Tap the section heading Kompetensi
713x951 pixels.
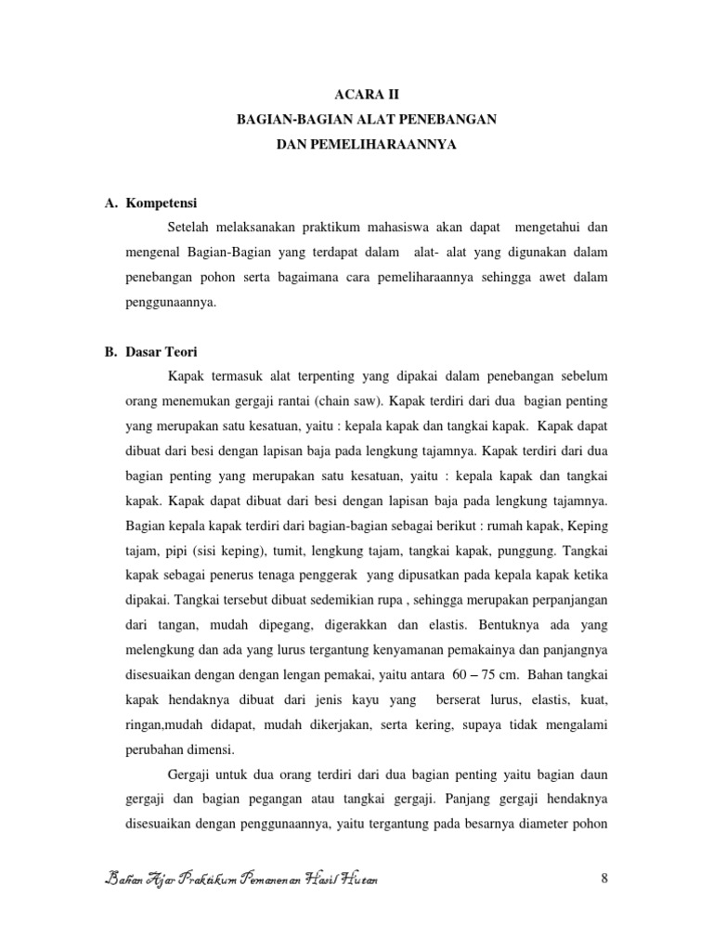(167, 202)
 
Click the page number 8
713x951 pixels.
(604, 879)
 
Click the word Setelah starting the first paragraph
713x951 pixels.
(190, 228)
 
